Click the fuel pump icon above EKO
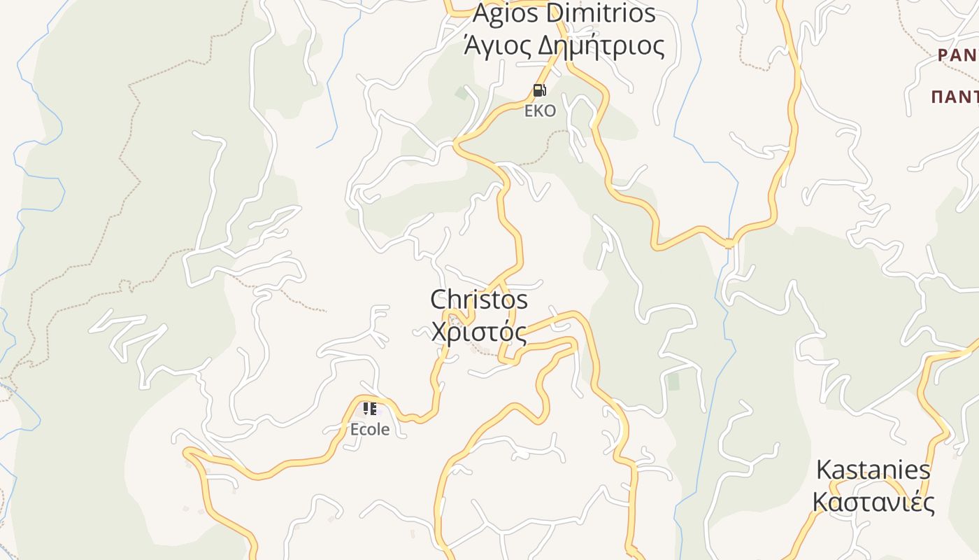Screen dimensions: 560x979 539,90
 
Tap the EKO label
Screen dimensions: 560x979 540,111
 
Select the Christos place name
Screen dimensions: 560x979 479,300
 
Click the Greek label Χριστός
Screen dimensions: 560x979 479,332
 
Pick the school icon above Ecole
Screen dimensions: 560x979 369,409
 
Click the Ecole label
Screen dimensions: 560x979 370,429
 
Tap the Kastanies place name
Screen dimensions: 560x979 873,470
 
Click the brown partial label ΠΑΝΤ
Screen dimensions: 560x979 955,97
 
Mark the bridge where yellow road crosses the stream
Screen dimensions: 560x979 729,244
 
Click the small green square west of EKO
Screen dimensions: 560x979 462,92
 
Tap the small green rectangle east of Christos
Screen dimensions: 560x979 673,381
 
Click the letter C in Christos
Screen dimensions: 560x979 438,300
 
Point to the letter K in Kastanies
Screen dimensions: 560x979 824,470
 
